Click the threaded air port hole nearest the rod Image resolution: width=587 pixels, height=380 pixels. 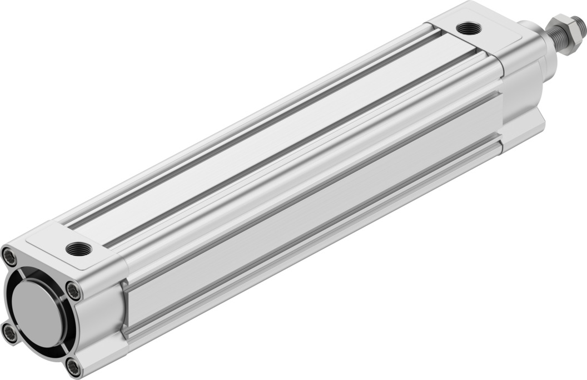pyautogui.click(x=469, y=28)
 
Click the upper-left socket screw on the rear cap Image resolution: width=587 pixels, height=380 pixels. pyautogui.click(x=9, y=256)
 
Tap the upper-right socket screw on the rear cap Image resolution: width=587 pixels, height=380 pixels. pyautogui.click(x=73, y=290)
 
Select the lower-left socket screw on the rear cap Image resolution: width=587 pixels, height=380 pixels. pyautogui.click(x=9, y=333)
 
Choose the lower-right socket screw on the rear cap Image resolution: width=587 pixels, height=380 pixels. pyautogui.click(x=74, y=367)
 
